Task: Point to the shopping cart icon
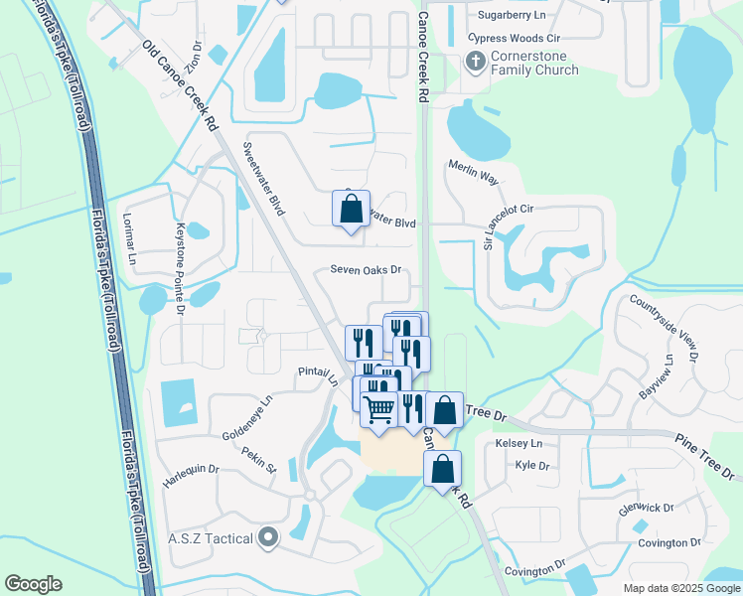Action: pos(378,409)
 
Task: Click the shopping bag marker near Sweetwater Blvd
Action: pos(351,210)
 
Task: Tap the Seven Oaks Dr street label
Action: pos(366,270)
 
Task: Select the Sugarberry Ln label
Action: pos(512,16)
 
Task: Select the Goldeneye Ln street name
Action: pos(247,417)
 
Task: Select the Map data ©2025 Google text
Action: pos(680,587)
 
